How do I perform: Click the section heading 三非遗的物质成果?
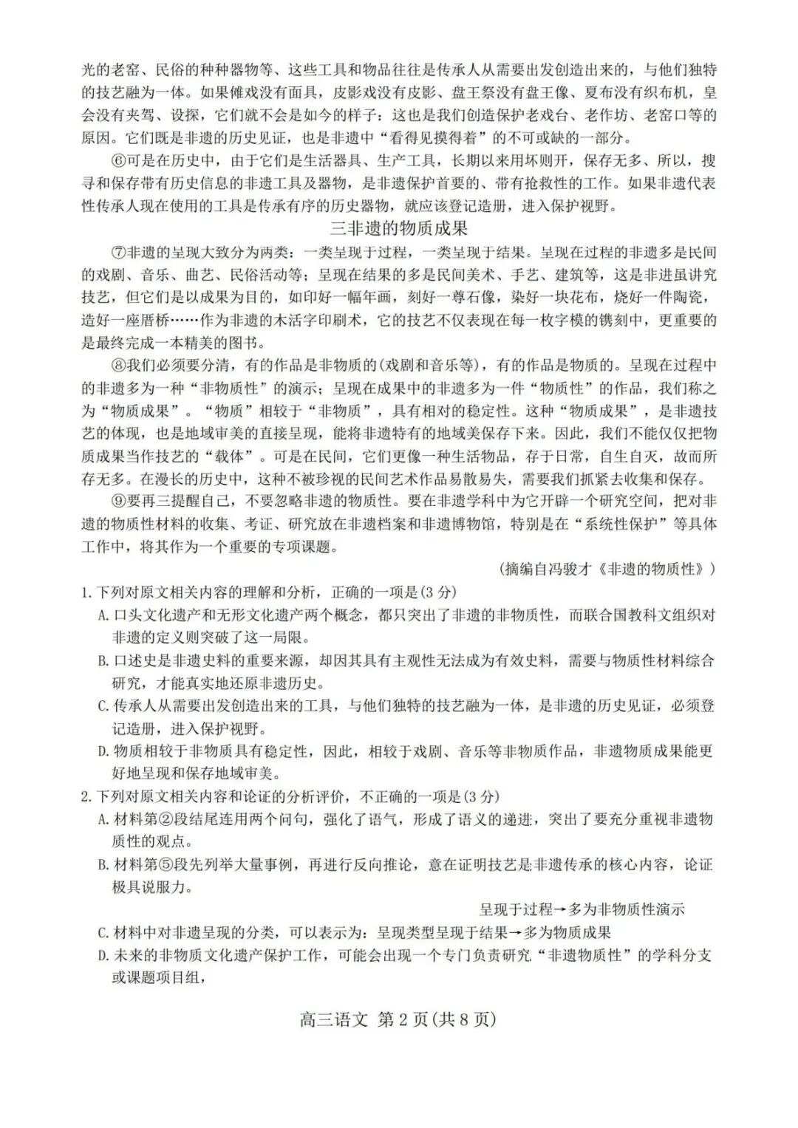click(399, 229)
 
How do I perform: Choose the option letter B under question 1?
click(103, 660)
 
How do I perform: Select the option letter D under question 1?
click(103, 751)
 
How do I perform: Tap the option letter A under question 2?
click(103, 819)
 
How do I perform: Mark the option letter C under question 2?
click(103, 933)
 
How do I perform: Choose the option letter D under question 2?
click(103, 956)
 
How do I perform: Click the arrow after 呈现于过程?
click(561, 909)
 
